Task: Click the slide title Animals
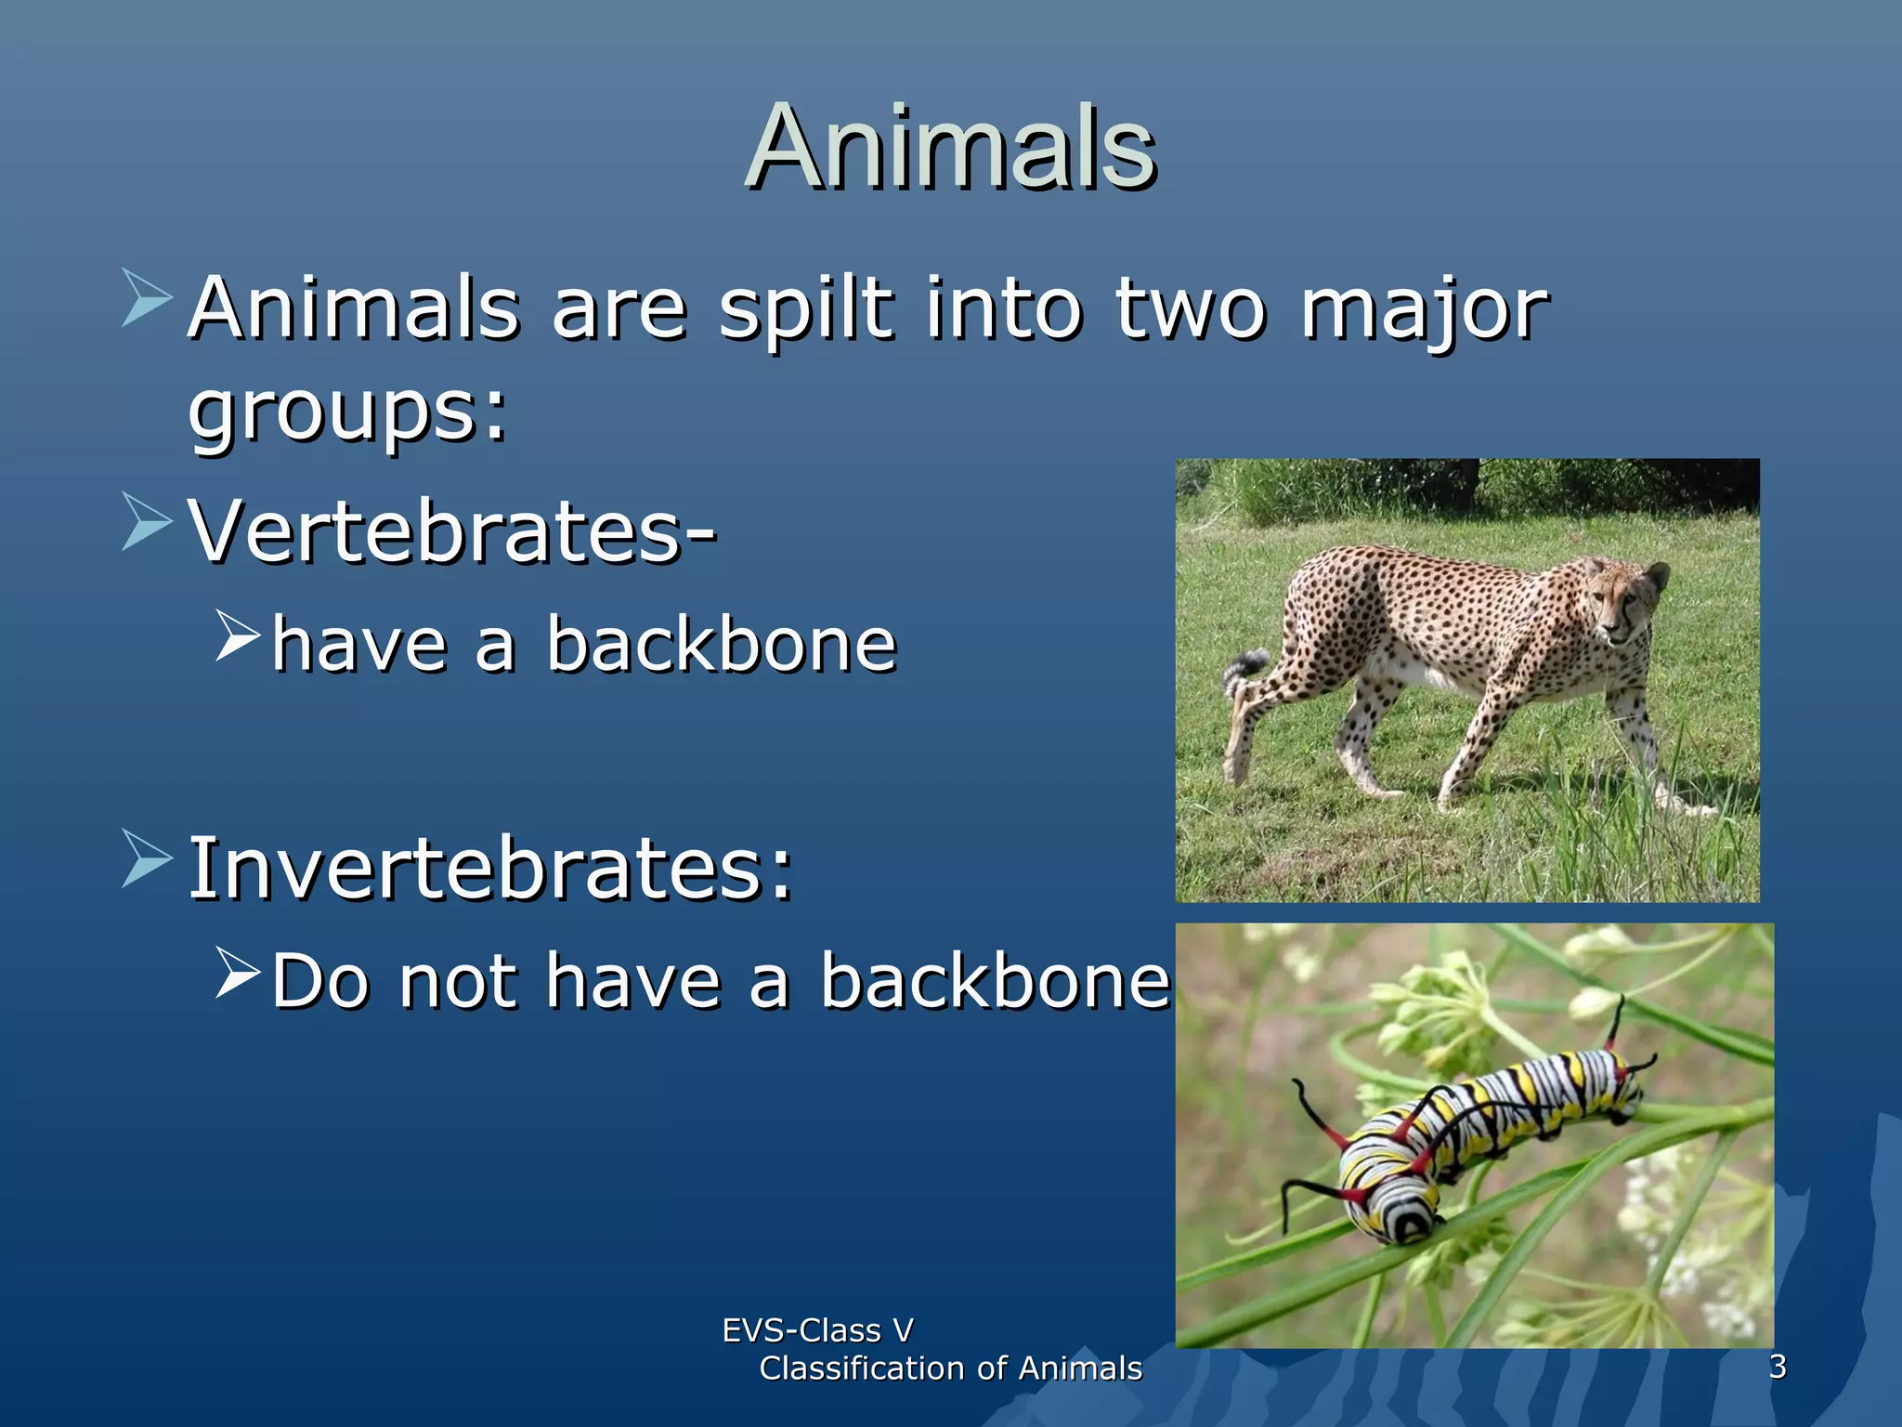(x=950, y=149)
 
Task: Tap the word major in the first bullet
(x=1424, y=310)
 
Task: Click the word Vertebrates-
(x=452, y=532)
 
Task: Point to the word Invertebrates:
(x=490, y=868)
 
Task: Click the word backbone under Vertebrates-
(x=721, y=644)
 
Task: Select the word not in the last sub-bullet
(x=457, y=981)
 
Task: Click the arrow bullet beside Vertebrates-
(x=147, y=522)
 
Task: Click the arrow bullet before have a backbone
(x=237, y=636)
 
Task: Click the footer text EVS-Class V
(x=817, y=1330)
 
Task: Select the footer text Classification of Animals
(x=950, y=1368)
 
